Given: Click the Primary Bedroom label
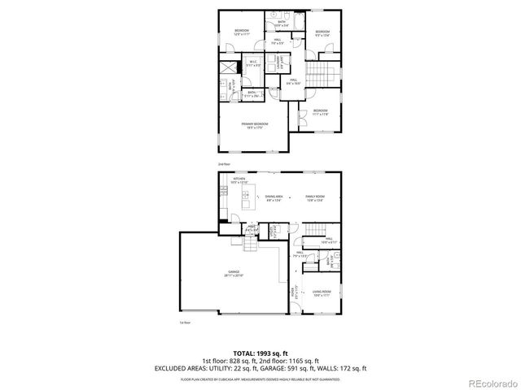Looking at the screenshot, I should click(254, 123).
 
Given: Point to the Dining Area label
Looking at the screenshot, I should click(274, 197).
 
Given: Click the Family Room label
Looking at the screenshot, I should click(314, 197).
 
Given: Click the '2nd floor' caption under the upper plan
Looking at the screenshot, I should click(224, 164).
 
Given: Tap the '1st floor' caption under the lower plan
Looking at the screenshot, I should click(184, 323).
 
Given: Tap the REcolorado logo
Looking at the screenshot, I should click(488, 382).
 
